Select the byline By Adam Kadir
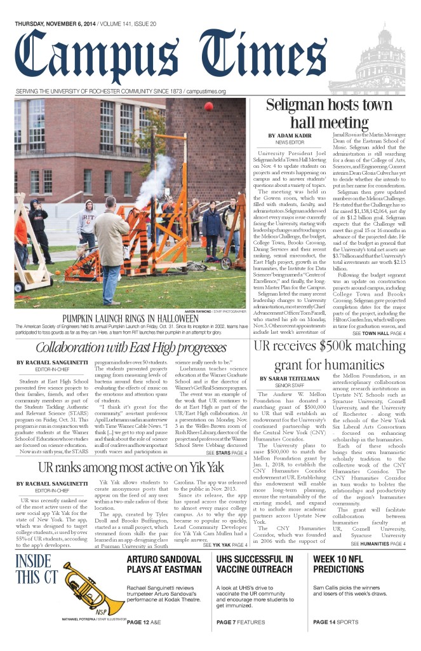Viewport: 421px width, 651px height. click(x=289, y=136)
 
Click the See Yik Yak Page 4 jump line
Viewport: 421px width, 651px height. click(x=225, y=545)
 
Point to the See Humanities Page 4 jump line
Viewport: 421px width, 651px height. click(x=378, y=545)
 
